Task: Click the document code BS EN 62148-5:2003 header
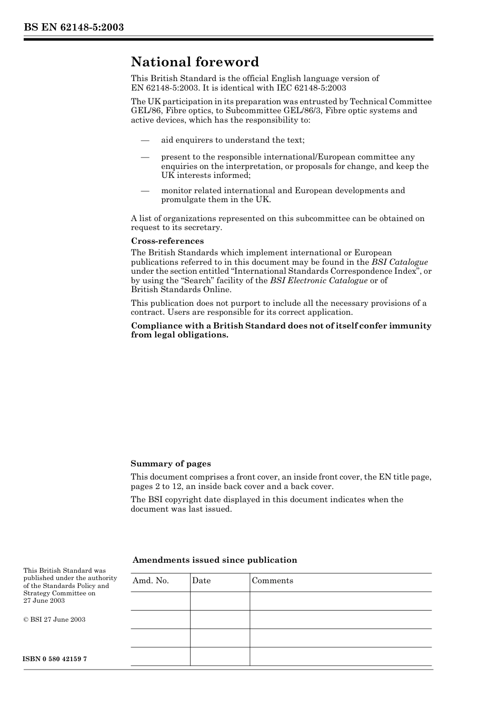[x=74, y=27]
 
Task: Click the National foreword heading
[x=195, y=62]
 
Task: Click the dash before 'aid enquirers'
[x=145, y=140]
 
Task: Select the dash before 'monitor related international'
[x=145, y=191]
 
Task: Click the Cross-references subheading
[x=167, y=241]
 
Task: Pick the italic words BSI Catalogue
[x=399, y=262]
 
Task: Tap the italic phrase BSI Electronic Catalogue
[x=318, y=281]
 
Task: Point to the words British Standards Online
[x=181, y=290]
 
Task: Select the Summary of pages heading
[x=171, y=464]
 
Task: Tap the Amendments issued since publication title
[x=214, y=560]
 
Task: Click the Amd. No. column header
[x=151, y=581]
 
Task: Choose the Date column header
[x=201, y=581]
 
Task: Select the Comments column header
[x=272, y=581]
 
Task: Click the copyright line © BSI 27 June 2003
[x=54, y=620]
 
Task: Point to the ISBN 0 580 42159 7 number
[x=55, y=659]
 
